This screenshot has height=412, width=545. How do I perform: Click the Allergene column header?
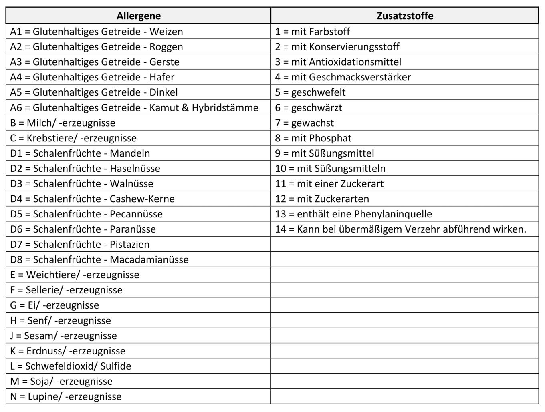tap(138, 16)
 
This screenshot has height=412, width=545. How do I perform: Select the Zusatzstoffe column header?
tap(405, 16)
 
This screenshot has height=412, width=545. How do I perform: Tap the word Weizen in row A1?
tap(166, 32)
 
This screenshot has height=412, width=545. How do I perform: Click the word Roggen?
tap(166, 47)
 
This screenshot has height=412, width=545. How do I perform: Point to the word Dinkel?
tap(163, 92)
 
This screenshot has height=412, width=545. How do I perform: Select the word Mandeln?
tap(130, 153)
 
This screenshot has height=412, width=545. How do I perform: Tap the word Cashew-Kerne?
tap(142, 199)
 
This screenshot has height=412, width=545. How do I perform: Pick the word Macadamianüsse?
tap(149, 260)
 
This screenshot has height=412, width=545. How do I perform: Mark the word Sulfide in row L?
tap(116, 366)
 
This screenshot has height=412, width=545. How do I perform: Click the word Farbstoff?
tap(329, 32)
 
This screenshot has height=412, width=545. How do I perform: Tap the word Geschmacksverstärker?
tap(360, 77)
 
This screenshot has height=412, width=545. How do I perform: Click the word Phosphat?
tap(330, 138)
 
